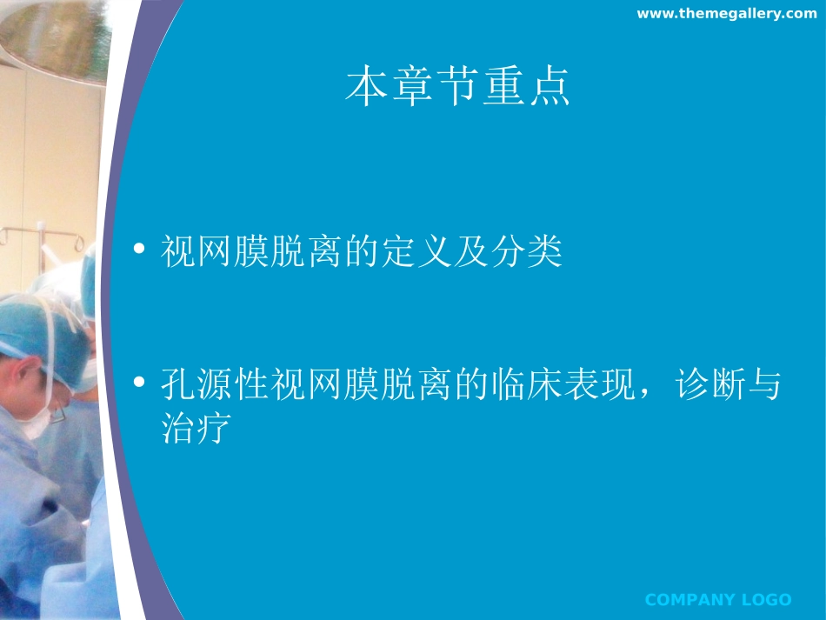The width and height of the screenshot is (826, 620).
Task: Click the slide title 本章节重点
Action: [x=457, y=88]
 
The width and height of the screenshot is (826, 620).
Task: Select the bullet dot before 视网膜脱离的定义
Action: [x=139, y=252]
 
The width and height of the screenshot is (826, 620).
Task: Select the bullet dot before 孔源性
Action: [x=139, y=383]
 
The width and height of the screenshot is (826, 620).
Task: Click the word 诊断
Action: [x=708, y=384]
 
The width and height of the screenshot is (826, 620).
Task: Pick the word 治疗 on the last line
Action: [x=195, y=428]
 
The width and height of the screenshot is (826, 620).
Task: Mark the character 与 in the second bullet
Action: [x=763, y=384]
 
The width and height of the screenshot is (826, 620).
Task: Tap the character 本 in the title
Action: [x=365, y=88]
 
